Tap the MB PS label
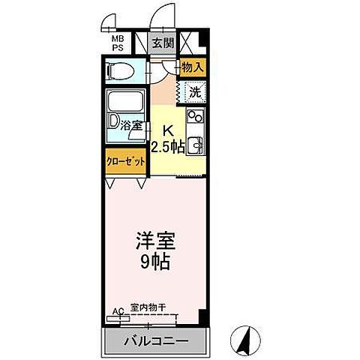point(118,42)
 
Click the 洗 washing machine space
point(194,93)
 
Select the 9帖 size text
point(154,263)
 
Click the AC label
point(117,308)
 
